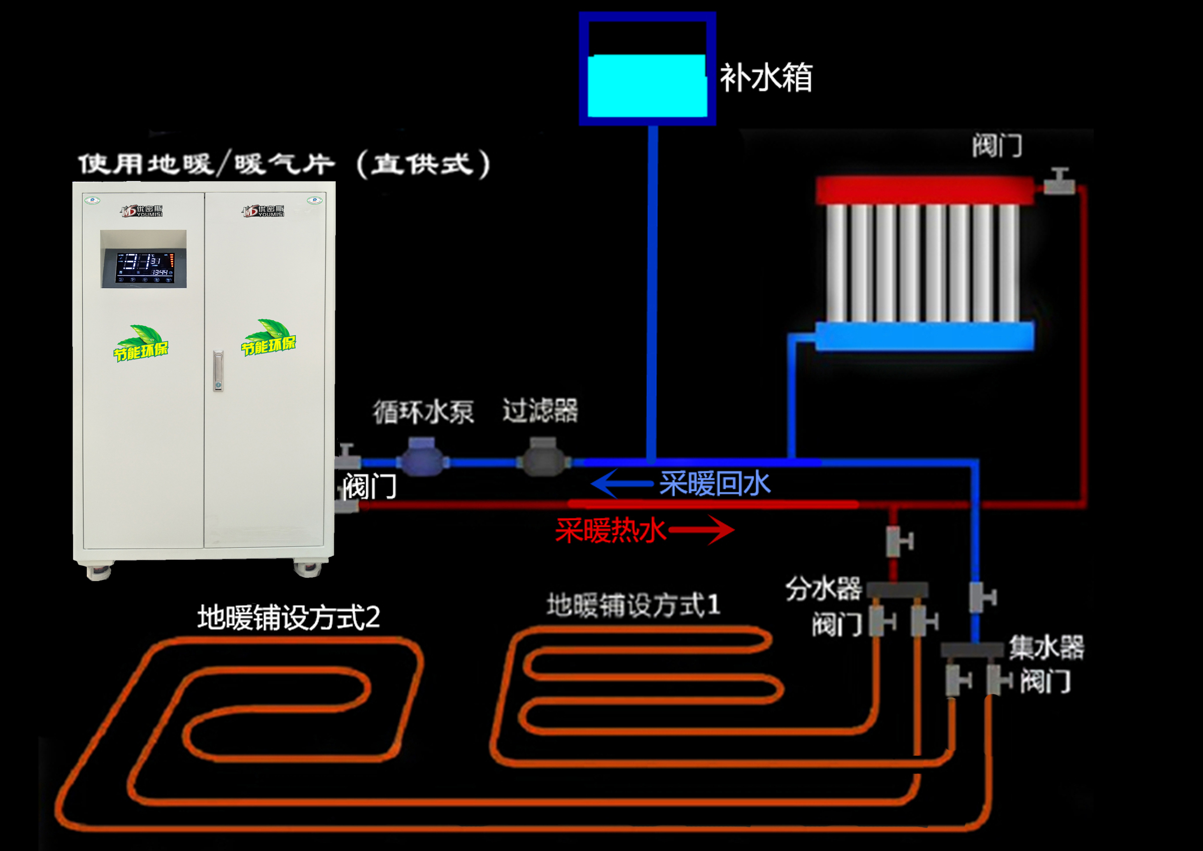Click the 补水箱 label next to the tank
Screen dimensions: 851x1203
(766, 78)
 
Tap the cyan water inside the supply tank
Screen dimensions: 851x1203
(647, 86)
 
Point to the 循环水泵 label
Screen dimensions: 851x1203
(423, 412)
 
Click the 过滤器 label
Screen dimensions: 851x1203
(540, 410)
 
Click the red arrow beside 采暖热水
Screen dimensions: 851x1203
(703, 530)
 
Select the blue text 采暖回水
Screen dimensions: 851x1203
(715, 483)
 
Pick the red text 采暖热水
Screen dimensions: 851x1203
(611, 530)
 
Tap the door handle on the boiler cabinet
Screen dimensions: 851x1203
(218, 371)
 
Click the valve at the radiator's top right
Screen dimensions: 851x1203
(1059, 181)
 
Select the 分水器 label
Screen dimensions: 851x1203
(823, 588)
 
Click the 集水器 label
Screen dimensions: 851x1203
(1046, 647)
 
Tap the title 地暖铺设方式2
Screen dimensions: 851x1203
(288, 617)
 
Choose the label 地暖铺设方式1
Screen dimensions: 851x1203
(633, 605)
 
